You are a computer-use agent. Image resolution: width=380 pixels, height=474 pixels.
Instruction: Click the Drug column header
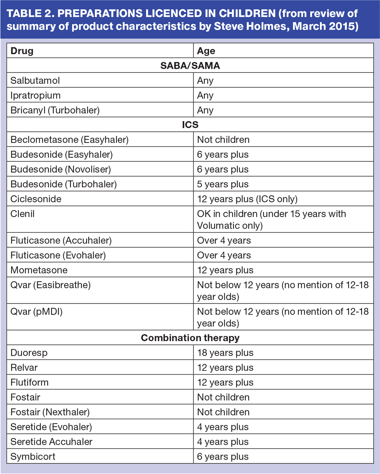pos(22,51)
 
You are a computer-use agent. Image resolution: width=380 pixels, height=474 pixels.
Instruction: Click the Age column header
pos(206,51)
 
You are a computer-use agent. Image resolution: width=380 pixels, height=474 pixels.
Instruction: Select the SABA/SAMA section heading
pos(190,66)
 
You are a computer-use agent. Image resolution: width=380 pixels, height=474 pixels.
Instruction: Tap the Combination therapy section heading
pos(190,338)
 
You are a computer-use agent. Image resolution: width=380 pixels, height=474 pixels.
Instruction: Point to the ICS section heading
pos(190,125)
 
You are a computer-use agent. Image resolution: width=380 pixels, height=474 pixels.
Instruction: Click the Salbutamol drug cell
pos(35,80)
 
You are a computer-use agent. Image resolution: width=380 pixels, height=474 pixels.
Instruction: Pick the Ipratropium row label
pos(35,95)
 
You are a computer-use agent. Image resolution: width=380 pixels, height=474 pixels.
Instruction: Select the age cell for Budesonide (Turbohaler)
pos(223,184)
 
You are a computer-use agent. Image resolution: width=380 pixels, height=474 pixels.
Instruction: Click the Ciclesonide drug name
pos(36,199)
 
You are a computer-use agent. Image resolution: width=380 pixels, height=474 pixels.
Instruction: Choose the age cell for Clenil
pos(271,219)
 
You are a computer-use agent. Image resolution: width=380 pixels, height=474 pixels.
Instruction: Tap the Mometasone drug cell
pos(39,270)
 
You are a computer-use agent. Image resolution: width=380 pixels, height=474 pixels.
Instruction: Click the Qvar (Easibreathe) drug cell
pos(51,285)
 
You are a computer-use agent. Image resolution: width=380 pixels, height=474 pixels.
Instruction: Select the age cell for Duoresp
pos(225,353)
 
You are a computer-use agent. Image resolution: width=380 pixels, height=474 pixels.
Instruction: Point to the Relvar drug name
pos(24,367)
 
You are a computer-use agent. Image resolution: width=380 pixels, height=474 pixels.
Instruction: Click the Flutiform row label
pos(29,382)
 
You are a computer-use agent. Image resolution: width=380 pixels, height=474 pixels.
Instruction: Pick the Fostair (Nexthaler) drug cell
pos(50,412)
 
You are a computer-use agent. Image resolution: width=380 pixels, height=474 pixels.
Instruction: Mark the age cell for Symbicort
pos(223,457)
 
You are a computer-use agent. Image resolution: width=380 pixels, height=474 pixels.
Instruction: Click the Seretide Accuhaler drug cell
pos(51,442)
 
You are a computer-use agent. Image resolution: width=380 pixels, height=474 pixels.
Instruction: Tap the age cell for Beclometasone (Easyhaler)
pos(223,140)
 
